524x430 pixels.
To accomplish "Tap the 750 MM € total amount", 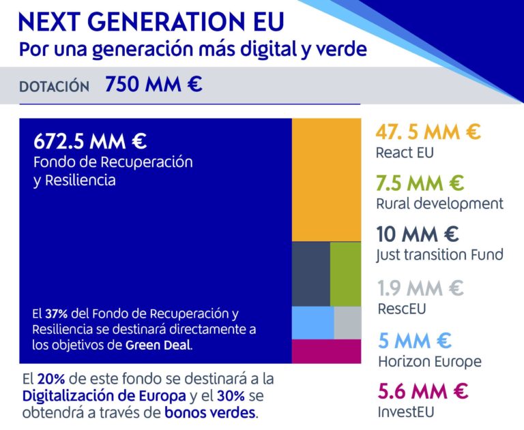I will (154, 86).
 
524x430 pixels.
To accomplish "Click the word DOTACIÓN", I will (55, 87).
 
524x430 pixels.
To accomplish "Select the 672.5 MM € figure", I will (90, 142).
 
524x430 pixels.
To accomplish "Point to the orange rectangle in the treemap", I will (326, 180).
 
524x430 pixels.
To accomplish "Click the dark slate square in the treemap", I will (310, 274).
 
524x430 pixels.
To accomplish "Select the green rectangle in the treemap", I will (345, 274).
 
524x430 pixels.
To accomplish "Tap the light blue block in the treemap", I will (312, 322).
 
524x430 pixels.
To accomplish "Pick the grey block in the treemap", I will (347, 322).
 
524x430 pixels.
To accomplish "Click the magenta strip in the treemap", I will (326, 351).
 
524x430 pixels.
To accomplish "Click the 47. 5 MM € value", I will (428, 132).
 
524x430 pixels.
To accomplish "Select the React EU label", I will (405, 153).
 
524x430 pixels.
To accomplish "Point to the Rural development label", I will (439, 204).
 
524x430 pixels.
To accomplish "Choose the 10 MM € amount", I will (417, 234).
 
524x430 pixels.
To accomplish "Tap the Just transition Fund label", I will (439, 255).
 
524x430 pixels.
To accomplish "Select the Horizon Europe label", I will (428, 361).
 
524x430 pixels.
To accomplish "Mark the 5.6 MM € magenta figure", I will (422, 391).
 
